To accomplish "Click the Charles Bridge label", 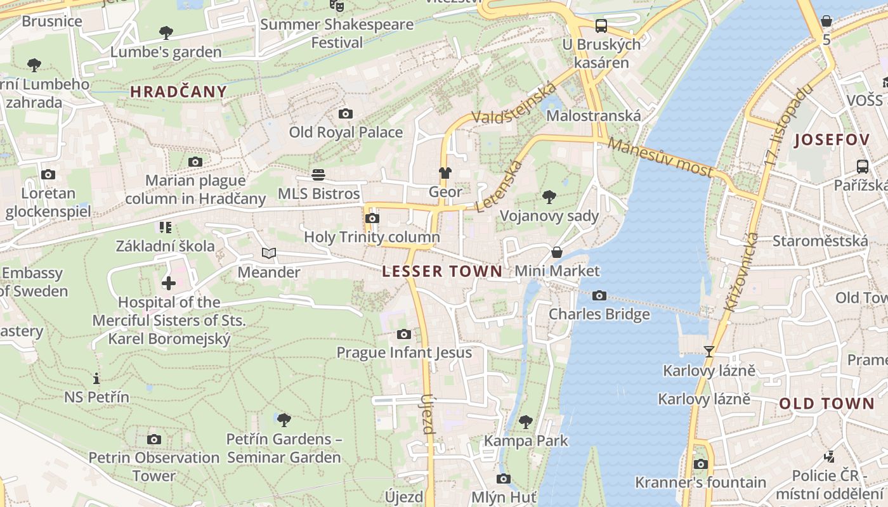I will click(x=599, y=314).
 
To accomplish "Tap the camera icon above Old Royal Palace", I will click(x=345, y=114).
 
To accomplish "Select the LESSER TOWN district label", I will click(x=442, y=272).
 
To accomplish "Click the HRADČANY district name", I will click(x=178, y=92).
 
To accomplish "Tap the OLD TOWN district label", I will click(x=826, y=404).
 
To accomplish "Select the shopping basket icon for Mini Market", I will click(x=556, y=252).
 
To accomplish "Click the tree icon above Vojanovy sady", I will click(x=549, y=197).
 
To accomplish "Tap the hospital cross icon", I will click(x=169, y=283).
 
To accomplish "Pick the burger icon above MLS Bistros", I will click(x=318, y=175).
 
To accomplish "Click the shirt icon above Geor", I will click(x=445, y=173).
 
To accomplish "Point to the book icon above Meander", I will click(x=269, y=253).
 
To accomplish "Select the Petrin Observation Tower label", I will click(x=153, y=466).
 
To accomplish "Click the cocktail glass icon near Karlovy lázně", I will click(x=709, y=352).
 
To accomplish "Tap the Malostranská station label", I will click(x=593, y=116).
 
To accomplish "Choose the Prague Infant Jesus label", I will click(x=404, y=353).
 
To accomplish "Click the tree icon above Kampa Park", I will click(x=525, y=421).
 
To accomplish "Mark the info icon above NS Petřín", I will click(x=96, y=379).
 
